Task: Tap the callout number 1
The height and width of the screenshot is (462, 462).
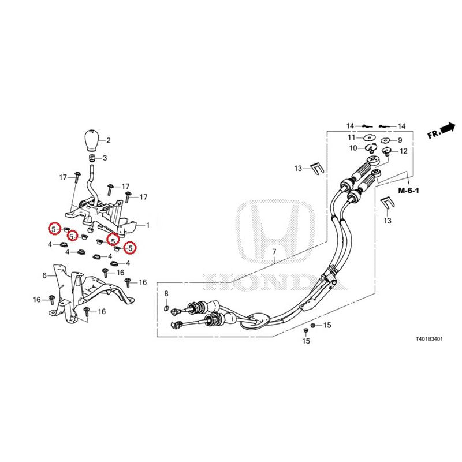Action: [x=148, y=225]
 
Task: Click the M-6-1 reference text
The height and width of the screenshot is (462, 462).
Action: [x=409, y=191]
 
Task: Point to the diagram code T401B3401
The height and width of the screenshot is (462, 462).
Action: [x=429, y=339]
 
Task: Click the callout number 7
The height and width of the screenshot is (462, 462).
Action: [x=274, y=252]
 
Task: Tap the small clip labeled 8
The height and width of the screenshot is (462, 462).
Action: [x=166, y=308]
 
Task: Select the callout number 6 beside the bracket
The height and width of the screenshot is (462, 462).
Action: [x=44, y=275]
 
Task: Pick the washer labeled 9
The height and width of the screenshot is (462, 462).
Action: [x=386, y=140]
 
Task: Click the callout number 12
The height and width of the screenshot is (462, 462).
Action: [x=403, y=151]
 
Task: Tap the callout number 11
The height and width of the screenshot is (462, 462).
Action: [x=352, y=137]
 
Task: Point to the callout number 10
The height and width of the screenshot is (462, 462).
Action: [x=353, y=148]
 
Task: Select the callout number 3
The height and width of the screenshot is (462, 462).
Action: [x=105, y=158]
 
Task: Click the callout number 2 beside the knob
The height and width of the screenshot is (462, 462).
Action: [x=109, y=140]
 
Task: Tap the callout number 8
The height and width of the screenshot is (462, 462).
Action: [x=166, y=294]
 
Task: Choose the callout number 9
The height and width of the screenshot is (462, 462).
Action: [x=400, y=140]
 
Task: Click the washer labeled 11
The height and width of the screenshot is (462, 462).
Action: [x=368, y=137]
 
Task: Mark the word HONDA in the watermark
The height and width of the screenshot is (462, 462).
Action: [x=275, y=282]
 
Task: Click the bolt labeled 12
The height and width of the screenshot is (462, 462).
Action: [x=386, y=152]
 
